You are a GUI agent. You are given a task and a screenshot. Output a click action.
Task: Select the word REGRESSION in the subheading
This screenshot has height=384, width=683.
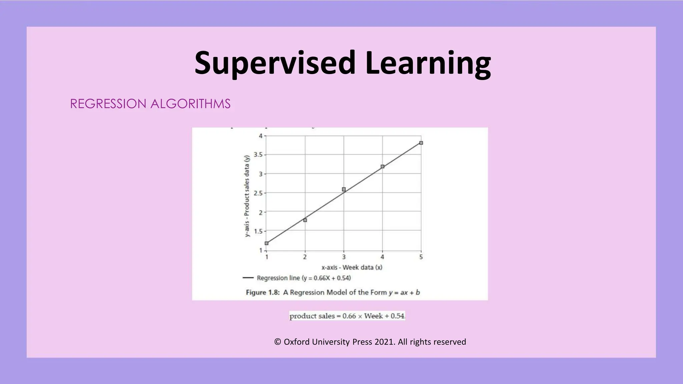coord(108,104)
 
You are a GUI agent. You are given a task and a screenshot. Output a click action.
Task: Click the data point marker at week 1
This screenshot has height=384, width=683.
coord(266,243)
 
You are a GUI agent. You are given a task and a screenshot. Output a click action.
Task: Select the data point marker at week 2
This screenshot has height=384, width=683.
coord(305,220)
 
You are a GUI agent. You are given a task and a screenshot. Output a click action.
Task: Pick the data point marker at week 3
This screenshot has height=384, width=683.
coord(344,189)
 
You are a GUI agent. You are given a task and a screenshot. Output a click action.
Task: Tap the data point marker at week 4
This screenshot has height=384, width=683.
coord(383,166)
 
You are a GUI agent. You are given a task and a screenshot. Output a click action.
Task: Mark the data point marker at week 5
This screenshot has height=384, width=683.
coord(421,143)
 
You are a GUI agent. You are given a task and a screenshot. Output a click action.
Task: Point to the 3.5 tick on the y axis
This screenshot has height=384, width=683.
coord(258,155)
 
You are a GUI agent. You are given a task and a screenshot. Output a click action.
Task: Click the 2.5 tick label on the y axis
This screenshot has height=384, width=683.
coord(258,193)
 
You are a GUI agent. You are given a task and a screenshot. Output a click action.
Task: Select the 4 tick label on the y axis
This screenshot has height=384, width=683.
coord(261,136)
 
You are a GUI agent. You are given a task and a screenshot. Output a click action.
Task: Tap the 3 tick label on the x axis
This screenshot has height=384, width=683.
coord(344,257)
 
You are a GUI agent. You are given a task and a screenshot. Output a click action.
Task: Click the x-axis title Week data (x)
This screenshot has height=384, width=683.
coord(352,267)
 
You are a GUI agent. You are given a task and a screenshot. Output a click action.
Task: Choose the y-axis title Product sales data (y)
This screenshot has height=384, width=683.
coord(247,196)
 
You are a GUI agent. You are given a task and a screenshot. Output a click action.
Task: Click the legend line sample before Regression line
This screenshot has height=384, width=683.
coord(248,278)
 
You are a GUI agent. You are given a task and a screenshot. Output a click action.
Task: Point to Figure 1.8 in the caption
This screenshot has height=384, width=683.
coord(262,292)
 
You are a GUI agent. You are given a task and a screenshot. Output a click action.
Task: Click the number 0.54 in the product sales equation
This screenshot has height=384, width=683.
coord(397,316)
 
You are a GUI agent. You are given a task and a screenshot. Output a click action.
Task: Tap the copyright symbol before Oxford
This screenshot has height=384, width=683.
coord(277,342)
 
